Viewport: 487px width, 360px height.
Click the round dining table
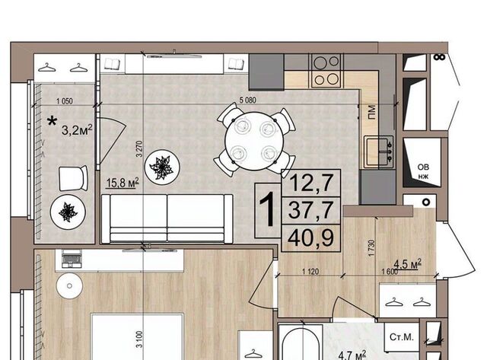pyautogui.click(x=254, y=141)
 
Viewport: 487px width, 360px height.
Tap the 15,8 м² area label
pyautogui.click(x=123, y=183)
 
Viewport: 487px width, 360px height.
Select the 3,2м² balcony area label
pyautogui.click(x=77, y=130)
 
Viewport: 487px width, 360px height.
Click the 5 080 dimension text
pyautogui.click(x=247, y=100)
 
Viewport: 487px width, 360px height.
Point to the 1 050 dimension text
pyautogui.click(x=65, y=101)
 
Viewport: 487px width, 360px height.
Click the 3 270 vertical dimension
pyautogui.click(x=139, y=148)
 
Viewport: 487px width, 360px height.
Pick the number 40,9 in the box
pyautogui.click(x=311, y=238)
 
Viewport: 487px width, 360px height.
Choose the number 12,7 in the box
pyautogui.click(x=311, y=183)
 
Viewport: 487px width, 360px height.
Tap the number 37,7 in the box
pyautogui.click(x=311, y=210)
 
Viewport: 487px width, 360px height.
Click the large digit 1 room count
pyautogui.click(x=267, y=209)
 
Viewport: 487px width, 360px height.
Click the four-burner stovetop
pyautogui.click(x=326, y=71)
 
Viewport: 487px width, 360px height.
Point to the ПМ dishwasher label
pyautogui.click(x=371, y=112)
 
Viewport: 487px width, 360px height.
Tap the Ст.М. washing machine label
pyautogui.click(x=402, y=337)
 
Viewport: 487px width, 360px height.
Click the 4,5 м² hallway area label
pyautogui.click(x=408, y=264)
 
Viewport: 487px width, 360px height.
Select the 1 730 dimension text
pyautogui.click(x=372, y=248)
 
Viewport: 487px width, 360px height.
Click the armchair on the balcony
pyautogui.click(x=73, y=178)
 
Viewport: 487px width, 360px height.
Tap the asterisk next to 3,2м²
pyautogui.click(x=52, y=122)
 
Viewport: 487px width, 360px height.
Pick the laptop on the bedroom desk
pyautogui.click(x=72, y=259)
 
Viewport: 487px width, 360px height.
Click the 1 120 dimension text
pyautogui.click(x=310, y=272)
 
